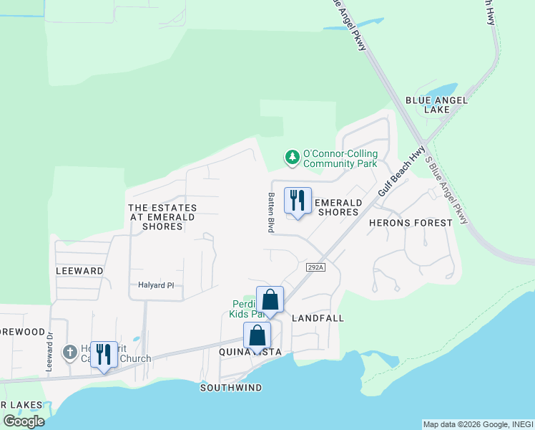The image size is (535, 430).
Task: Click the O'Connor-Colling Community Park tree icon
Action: (x=292, y=156)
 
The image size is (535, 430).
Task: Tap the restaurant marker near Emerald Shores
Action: (x=298, y=200)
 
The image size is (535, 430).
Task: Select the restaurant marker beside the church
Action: (x=104, y=354)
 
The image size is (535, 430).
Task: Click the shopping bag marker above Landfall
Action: (x=270, y=300)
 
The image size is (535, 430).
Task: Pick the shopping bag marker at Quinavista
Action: (x=257, y=335)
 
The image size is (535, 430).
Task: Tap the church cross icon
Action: (x=69, y=352)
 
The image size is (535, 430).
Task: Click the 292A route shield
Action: (x=315, y=267)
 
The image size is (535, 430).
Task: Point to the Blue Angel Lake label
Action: (x=427, y=105)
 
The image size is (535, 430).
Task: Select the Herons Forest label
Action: (x=411, y=223)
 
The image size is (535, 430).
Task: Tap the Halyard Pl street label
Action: (x=156, y=285)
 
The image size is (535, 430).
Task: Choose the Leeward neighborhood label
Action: (x=79, y=271)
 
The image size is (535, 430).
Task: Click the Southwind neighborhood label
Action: (x=231, y=388)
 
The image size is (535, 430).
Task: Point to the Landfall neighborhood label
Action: (x=318, y=317)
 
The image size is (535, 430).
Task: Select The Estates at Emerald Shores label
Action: (x=162, y=217)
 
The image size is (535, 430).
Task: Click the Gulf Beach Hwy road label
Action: (x=393, y=176)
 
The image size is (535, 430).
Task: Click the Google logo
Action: (x=24, y=421)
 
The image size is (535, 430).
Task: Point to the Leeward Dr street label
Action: (x=50, y=349)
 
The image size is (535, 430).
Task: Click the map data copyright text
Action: (x=478, y=424)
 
